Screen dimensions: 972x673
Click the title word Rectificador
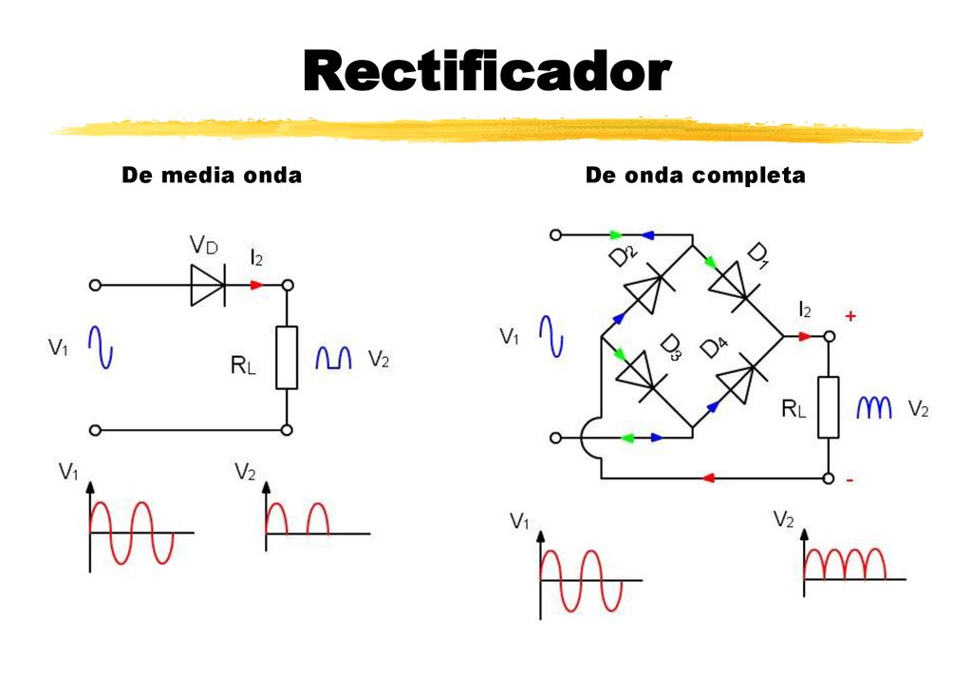tap(487, 71)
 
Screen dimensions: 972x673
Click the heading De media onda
tap(212, 176)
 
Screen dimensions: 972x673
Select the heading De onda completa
tap(696, 176)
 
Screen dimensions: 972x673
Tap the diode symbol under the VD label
tap(208, 285)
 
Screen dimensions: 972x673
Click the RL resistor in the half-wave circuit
tap(287, 358)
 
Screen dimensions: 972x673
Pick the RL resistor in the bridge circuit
tap(828, 407)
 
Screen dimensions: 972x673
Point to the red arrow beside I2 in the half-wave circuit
tap(256, 285)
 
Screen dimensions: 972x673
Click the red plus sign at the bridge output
tap(850, 316)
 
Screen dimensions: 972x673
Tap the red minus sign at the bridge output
tap(850, 479)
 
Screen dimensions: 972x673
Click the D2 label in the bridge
tap(623, 254)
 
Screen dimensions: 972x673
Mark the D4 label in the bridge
tap(714, 347)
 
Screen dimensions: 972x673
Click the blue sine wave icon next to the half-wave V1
tap(101, 347)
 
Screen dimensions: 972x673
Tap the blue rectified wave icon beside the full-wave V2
tap(874, 407)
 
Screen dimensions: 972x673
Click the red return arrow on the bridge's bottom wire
tap(708, 477)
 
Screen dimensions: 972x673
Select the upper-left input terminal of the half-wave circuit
tap(95, 285)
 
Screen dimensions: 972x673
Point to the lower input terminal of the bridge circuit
tap(555, 438)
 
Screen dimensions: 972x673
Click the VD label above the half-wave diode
tap(204, 246)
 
